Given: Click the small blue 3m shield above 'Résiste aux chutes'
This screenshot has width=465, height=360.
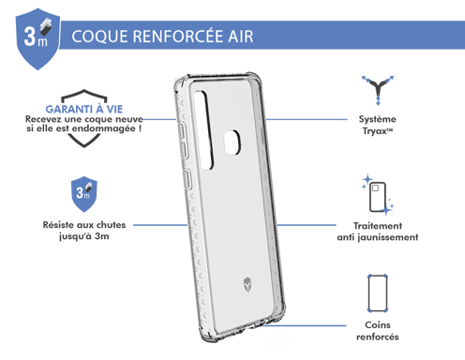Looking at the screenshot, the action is click(82, 194).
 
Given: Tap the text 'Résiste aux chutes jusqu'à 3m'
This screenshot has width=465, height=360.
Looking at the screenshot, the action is click(82, 231).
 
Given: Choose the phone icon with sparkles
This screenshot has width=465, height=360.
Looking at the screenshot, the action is click(379, 195).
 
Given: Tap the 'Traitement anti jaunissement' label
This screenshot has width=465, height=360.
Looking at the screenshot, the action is click(378, 232).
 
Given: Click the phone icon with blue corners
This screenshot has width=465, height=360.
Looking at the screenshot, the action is click(378, 293).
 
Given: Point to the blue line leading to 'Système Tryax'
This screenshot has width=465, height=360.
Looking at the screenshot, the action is click(304, 120).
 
